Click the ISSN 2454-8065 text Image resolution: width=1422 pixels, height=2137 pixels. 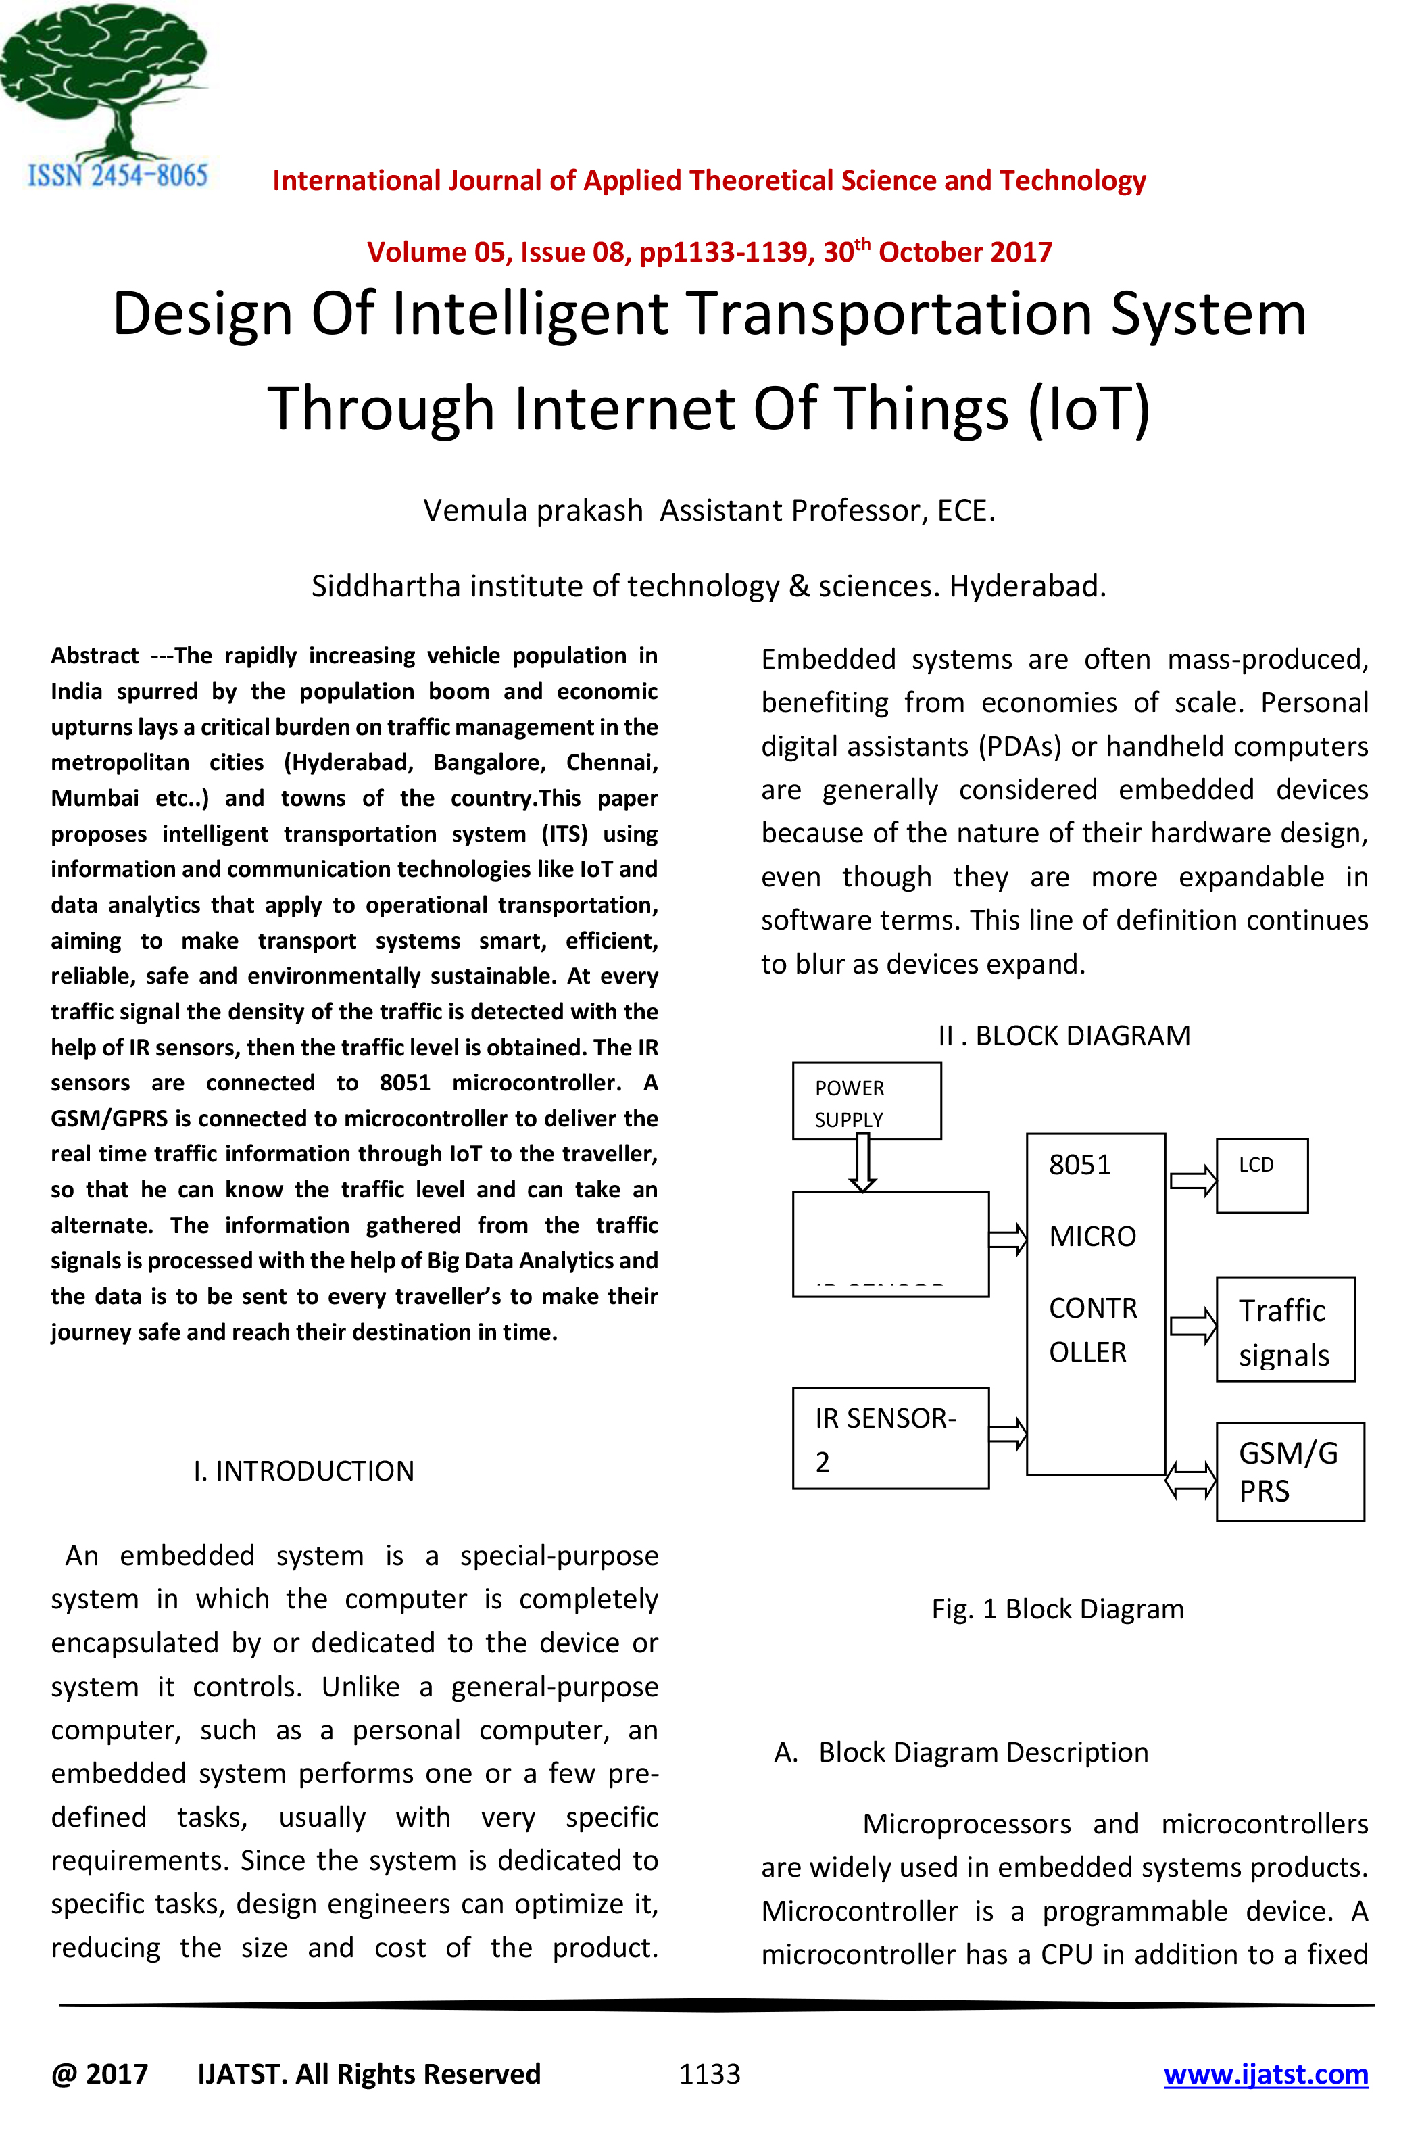(x=118, y=175)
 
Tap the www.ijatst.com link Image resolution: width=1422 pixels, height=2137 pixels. (x=1265, y=2073)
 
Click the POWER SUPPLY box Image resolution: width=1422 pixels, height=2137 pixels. (x=866, y=1101)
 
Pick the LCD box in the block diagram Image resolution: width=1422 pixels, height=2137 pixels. (x=1261, y=1176)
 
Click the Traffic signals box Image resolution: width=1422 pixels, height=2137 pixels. (x=1285, y=1330)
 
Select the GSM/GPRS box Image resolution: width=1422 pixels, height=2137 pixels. (x=1290, y=1471)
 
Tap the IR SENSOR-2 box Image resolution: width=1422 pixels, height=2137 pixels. (x=889, y=1438)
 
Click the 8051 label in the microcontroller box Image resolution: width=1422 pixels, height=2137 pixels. (x=1079, y=1165)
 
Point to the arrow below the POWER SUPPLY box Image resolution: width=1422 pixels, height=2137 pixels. (x=862, y=1163)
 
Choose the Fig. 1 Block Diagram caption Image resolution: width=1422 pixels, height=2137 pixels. (x=1058, y=1609)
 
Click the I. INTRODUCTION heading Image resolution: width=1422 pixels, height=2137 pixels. (x=304, y=1470)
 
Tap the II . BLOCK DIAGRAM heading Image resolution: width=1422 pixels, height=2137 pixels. (x=1064, y=1035)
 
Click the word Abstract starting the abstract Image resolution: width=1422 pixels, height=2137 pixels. (x=95, y=655)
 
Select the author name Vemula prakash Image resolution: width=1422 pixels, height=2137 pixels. (x=533, y=510)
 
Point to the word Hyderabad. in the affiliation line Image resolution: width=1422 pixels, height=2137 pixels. (x=1027, y=586)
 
